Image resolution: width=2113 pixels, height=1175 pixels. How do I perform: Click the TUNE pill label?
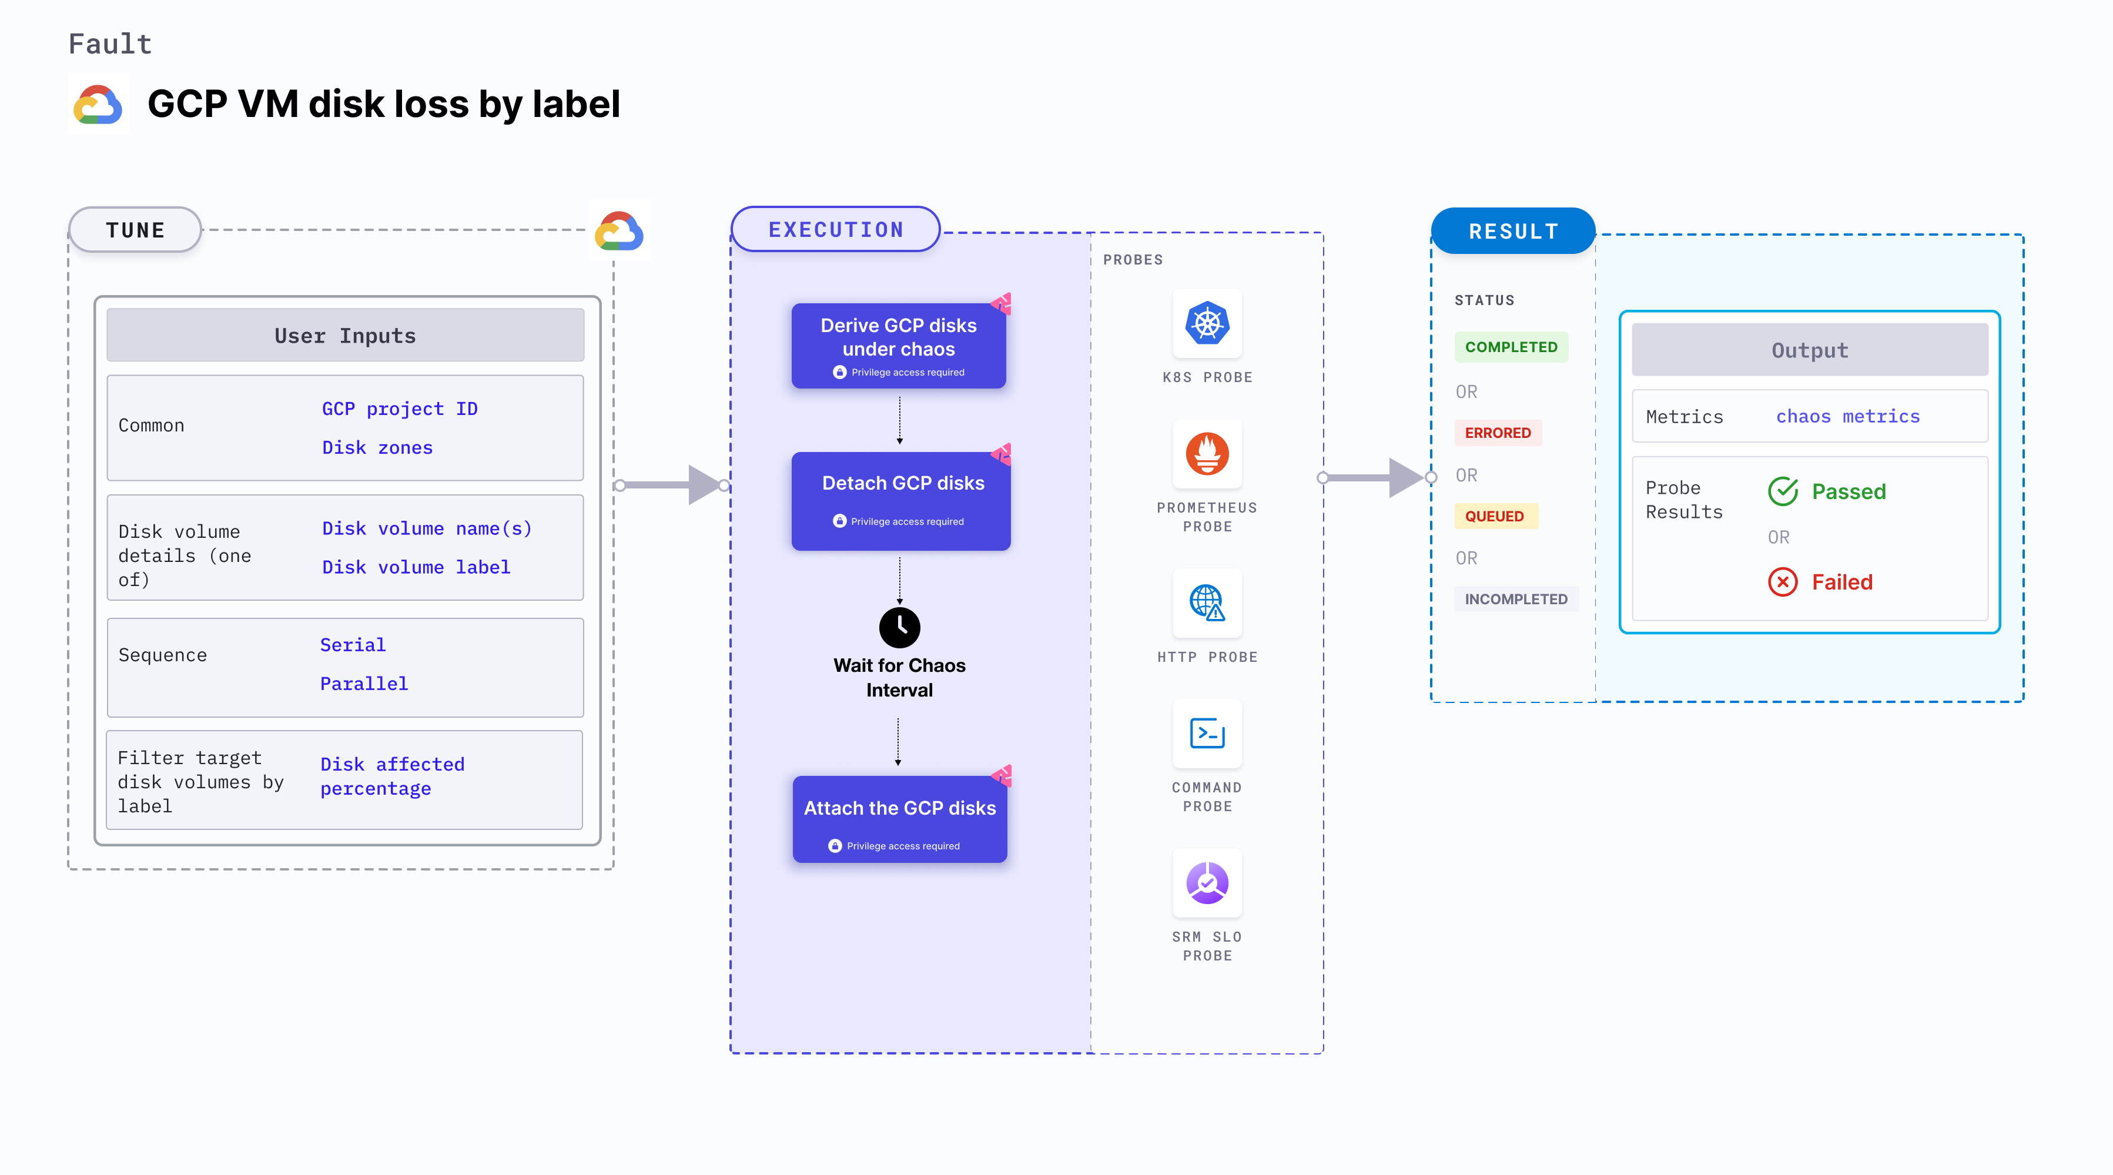pos(135,230)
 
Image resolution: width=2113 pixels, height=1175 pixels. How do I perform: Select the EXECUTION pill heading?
pos(835,230)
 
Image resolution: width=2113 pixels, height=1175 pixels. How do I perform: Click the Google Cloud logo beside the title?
pos(98,104)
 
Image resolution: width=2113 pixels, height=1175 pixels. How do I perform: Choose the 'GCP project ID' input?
pos(400,409)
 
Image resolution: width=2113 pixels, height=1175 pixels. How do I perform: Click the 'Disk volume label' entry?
pos(416,567)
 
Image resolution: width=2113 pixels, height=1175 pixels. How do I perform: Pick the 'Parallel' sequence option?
pos(363,684)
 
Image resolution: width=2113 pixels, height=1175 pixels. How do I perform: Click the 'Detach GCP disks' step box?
pos(900,501)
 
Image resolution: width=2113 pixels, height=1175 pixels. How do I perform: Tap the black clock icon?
pos(899,628)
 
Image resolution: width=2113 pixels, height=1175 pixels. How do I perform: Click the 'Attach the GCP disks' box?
pos(899,819)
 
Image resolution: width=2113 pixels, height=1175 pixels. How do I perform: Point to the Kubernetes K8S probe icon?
pos(1207,323)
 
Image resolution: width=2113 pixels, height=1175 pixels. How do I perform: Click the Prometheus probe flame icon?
pos(1207,454)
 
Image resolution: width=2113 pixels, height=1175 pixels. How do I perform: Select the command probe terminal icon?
pos(1207,733)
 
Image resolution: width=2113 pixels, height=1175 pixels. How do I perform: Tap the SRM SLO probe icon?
pos(1207,883)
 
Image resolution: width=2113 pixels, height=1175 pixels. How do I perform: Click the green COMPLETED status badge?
pos(1511,347)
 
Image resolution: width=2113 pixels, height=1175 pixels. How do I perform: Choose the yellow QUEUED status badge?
pos(1495,516)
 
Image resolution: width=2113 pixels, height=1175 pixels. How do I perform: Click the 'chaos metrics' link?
pos(1847,416)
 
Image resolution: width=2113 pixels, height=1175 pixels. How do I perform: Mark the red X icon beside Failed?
pos(1783,582)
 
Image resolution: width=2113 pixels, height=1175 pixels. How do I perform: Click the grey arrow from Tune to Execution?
pos(672,485)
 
